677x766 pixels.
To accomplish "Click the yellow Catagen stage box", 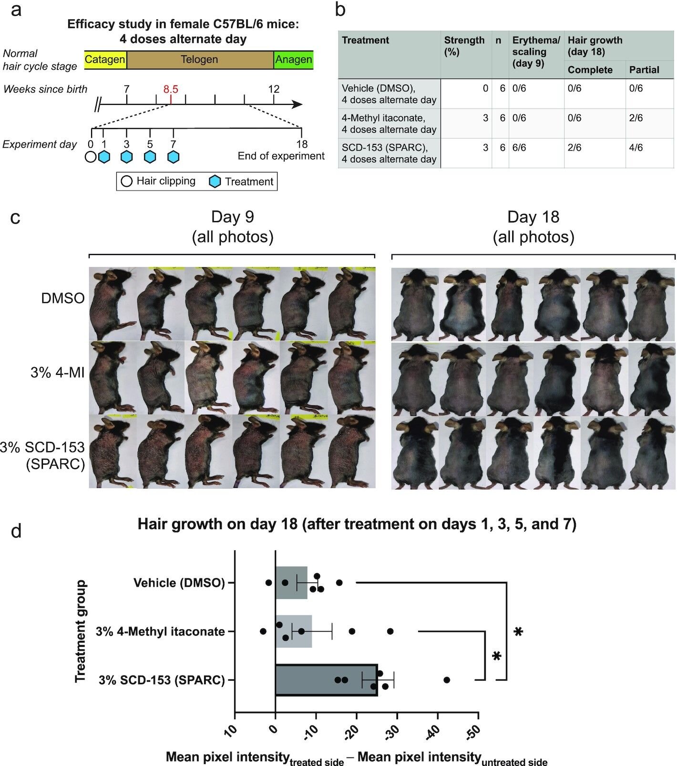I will pos(105,60).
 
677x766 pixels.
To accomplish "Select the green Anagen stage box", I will pos(293,60).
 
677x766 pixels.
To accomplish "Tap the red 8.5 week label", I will pos(170,89).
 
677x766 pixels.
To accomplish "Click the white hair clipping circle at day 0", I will pos(91,157).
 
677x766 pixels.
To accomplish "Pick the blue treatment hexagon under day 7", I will pos(174,157).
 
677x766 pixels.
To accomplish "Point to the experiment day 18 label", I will pos(301,144).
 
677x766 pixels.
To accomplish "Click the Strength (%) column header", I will pos(464,46).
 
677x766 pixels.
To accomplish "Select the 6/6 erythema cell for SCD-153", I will pos(519,148).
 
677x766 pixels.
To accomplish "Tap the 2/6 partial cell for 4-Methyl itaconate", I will pos(636,118).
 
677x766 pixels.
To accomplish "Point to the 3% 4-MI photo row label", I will pos(57,372).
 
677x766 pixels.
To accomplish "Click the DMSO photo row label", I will pos(63,299).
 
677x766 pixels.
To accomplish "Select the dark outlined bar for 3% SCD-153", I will pos(326,680).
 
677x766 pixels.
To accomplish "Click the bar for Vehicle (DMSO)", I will pos(291,583).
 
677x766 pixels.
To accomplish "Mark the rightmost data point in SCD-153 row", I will pos(447,680).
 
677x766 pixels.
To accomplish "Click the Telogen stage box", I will pos(199,60).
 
